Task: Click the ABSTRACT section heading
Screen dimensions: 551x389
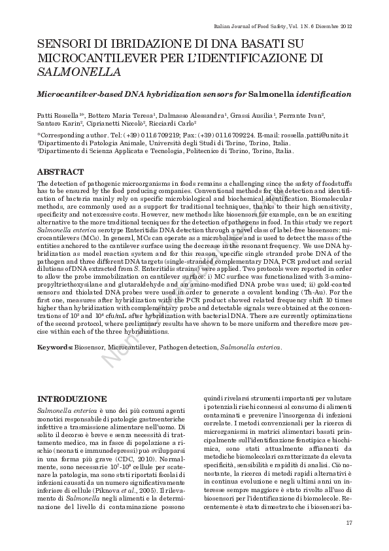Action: (61, 172)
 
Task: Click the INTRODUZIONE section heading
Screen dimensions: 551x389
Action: (71, 399)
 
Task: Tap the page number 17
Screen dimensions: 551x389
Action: (348, 522)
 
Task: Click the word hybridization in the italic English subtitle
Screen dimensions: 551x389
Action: (152, 94)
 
